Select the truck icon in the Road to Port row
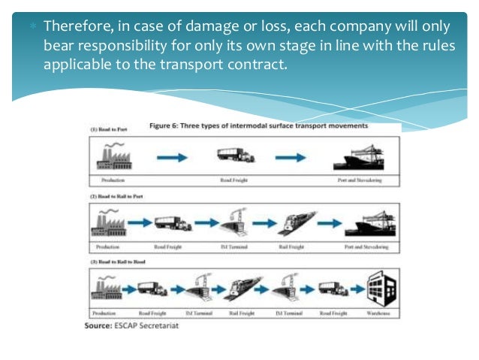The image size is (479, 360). [x=236, y=156]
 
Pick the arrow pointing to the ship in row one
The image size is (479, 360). [x=292, y=157]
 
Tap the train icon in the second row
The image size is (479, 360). [x=294, y=222]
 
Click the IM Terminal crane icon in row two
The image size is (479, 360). [x=232, y=221]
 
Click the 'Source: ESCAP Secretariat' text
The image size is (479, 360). [x=132, y=326]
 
